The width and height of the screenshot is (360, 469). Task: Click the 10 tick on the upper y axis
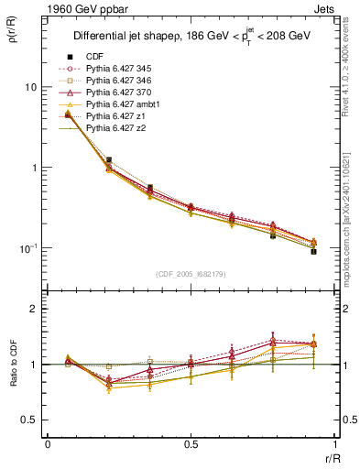pos(30,87)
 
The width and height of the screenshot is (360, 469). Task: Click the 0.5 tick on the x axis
pos(191,444)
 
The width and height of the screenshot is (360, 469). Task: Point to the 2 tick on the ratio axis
pos(34,309)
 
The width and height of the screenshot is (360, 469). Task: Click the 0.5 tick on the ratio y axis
pos(29,420)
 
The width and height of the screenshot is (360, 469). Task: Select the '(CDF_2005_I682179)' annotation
pos(191,274)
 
